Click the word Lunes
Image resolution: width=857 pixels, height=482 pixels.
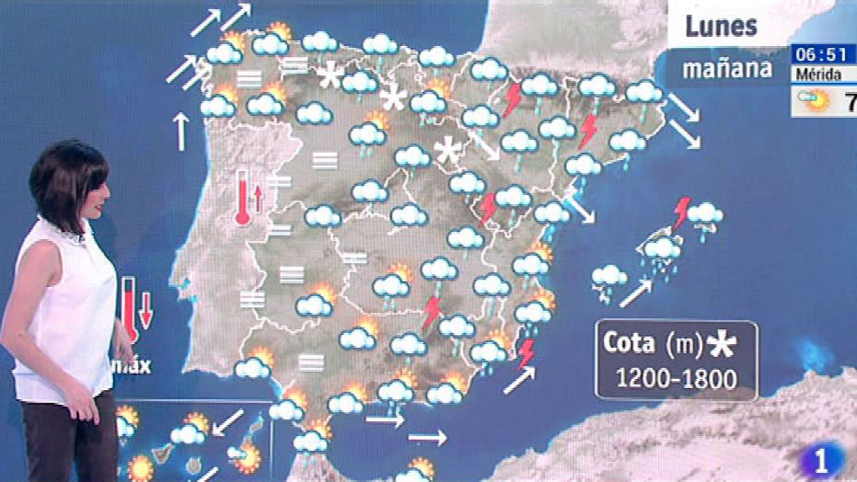pos(721,26)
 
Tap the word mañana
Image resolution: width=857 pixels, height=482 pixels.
pos(727,69)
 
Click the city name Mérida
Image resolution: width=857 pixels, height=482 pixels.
pos(818,74)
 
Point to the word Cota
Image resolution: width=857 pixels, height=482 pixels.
pos(629,343)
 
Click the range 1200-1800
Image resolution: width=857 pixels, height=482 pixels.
pos(676,378)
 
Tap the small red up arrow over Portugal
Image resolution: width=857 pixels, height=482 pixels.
pos(259,197)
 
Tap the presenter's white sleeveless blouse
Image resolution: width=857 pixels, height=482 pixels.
pos(64,311)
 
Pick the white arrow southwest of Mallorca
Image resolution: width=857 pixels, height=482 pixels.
pos(636,293)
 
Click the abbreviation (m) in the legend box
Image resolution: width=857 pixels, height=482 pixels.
pos(684,344)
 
